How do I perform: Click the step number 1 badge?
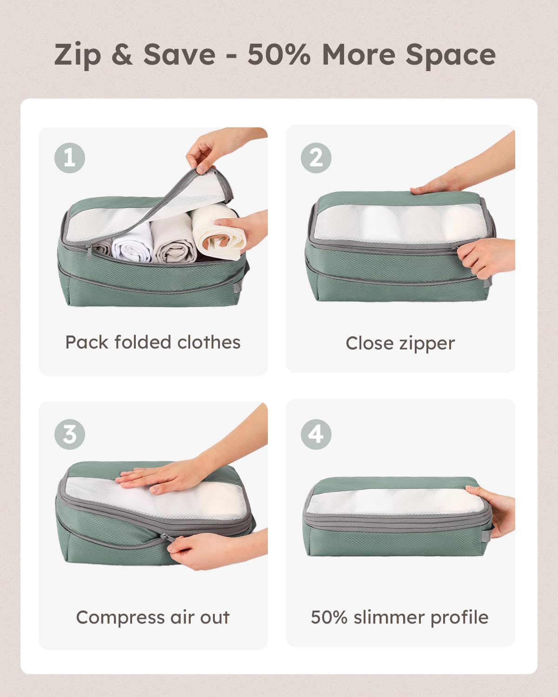70,158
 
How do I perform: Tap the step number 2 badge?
316,158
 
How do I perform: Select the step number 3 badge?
70,434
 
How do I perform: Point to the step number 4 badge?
316,434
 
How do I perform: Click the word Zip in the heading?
77,55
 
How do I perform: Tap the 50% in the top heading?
279,54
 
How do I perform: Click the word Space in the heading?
450,55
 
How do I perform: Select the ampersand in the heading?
122,54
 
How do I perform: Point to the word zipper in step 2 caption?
427,344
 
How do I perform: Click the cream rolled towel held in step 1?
219,232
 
